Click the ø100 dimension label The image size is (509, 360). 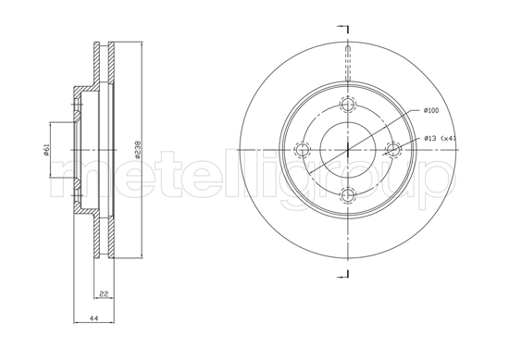[x=430, y=111]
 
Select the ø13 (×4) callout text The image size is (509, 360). [x=440, y=138]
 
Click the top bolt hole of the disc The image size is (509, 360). [x=347, y=104]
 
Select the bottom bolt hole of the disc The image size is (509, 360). [x=347, y=193]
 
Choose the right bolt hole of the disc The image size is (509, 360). [x=391, y=148]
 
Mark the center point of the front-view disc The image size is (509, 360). [x=347, y=148]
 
